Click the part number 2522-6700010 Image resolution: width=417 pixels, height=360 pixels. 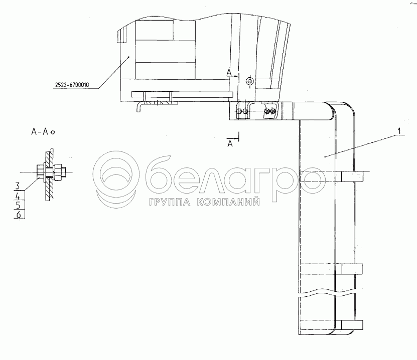72,85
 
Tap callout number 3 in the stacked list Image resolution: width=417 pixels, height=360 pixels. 18,186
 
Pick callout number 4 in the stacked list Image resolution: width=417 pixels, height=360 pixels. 18,197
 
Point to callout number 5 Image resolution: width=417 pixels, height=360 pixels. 18,206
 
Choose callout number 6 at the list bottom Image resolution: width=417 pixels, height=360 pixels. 19,214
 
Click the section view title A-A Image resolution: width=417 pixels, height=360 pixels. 40,131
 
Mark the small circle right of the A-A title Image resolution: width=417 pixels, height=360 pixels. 53,132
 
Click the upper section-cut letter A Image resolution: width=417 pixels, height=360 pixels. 229,73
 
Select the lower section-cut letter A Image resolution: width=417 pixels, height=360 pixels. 230,144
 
